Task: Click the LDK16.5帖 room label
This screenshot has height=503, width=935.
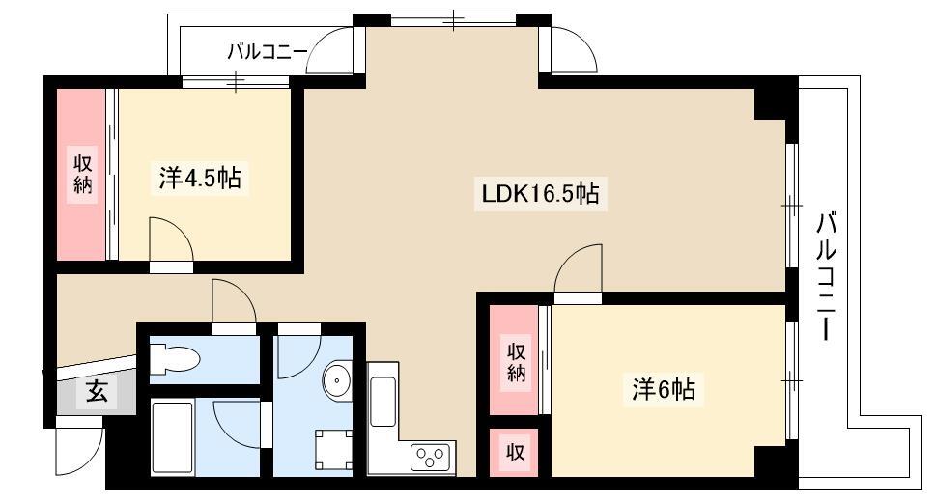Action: pyautogui.click(x=540, y=194)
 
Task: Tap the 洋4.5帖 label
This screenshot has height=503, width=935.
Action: pyautogui.click(x=200, y=178)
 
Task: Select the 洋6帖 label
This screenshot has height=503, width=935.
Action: pyautogui.click(x=663, y=389)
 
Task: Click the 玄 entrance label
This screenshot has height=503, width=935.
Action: pyautogui.click(x=98, y=392)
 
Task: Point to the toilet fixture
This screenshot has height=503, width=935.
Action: pyautogui.click(x=175, y=359)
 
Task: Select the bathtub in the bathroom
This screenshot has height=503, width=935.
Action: pyautogui.click(x=172, y=437)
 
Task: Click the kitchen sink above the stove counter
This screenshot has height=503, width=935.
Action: pyautogui.click(x=382, y=402)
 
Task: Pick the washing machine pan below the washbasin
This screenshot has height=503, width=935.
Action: pyautogui.click(x=333, y=449)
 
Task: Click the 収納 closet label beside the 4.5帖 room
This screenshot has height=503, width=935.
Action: pyautogui.click(x=83, y=174)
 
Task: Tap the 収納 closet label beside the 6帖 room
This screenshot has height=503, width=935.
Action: pyautogui.click(x=517, y=362)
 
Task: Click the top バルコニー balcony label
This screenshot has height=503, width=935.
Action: pyautogui.click(x=267, y=52)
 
